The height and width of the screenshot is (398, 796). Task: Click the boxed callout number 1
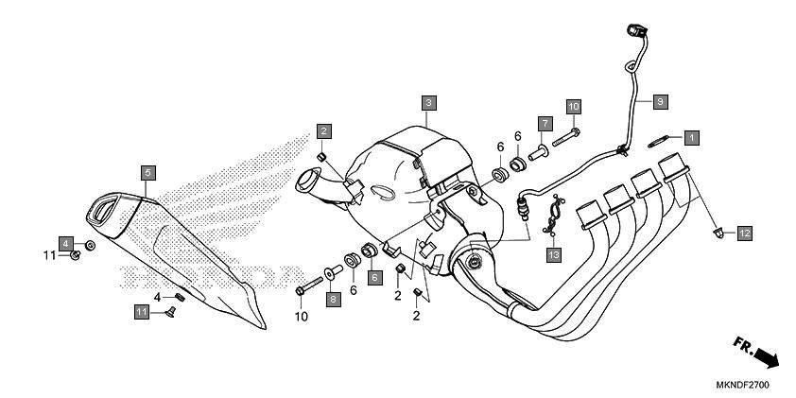[x=692, y=138]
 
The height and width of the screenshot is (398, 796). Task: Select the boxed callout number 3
[x=428, y=102]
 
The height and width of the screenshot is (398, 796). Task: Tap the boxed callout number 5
[x=147, y=172]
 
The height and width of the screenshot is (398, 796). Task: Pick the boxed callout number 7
[x=545, y=124]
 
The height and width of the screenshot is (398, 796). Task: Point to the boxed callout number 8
[x=333, y=299]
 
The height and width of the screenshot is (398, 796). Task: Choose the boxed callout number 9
[x=660, y=100]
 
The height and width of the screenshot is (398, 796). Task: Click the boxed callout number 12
[x=745, y=232]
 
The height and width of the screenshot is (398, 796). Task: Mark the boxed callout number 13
[x=553, y=254]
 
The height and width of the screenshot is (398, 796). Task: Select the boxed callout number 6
[x=374, y=278]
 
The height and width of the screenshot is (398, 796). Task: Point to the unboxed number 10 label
[x=302, y=317]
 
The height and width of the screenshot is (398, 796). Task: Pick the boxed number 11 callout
[x=141, y=311]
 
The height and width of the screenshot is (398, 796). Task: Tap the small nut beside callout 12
[x=721, y=229]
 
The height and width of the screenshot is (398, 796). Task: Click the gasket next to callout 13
[x=552, y=216]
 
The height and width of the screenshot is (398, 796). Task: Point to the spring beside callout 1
[x=660, y=140]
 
